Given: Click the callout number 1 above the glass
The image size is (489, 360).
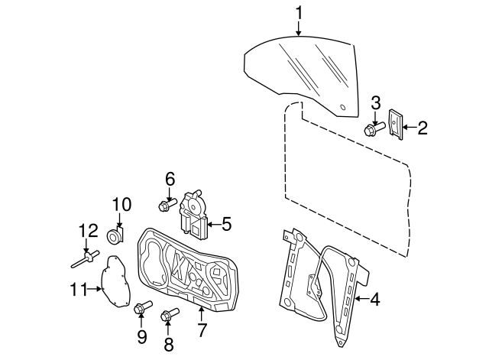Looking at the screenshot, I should (x=299, y=12).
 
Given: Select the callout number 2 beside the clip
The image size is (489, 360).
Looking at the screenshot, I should (x=422, y=128).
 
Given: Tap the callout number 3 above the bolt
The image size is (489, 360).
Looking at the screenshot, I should (x=376, y=103).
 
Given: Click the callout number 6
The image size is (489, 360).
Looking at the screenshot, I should (x=170, y=180).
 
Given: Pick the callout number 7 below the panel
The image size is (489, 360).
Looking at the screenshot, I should (x=202, y=331).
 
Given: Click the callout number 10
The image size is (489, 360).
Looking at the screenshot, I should (x=121, y=204).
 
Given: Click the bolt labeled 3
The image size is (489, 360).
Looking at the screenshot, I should (x=373, y=128).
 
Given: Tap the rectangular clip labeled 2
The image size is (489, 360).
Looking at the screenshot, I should (x=397, y=124).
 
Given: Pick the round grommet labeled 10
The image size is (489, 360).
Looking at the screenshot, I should (x=115, y=235).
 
